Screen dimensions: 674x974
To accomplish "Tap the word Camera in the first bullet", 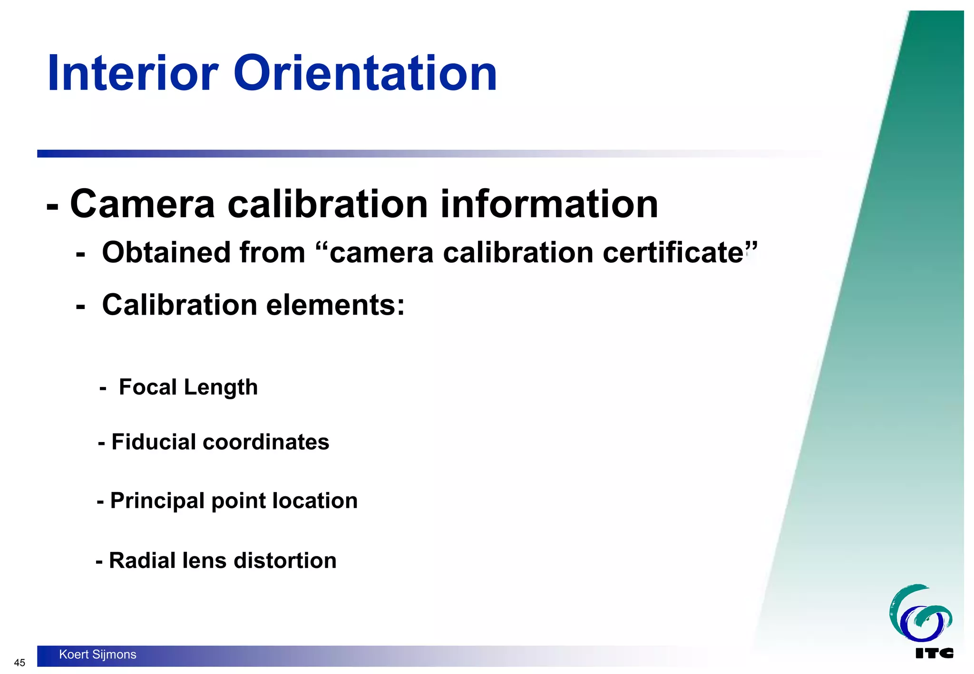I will click(x=143, y=204).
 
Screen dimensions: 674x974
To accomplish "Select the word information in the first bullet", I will click(x=549, y=204).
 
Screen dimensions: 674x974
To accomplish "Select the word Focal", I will click(x=147, y=387).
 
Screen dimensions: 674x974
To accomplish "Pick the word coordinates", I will click(x=266, y=442).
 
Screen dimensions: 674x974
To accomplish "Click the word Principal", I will click(x=157, y=501).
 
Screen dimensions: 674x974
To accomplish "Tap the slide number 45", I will click(x=19, y=663).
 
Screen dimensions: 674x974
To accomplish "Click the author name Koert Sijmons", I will click(x=97, y=655).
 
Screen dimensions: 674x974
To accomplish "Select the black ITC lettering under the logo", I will click(x=934, y=653).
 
